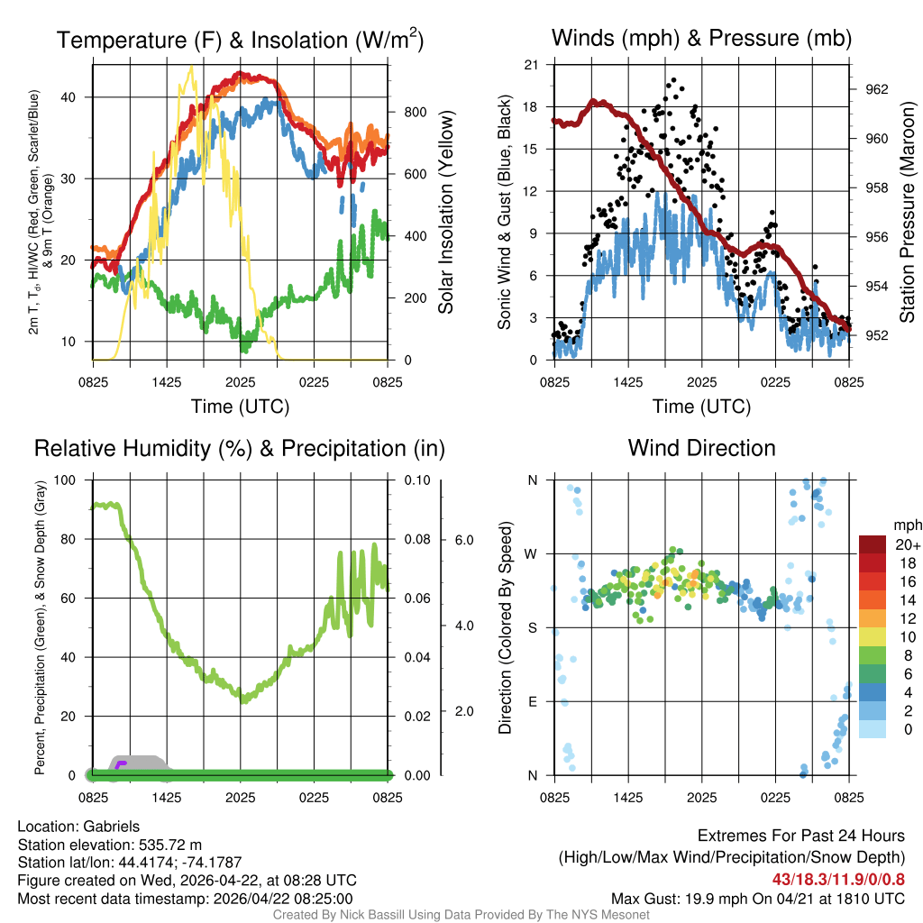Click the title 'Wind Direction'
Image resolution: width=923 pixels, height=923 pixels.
(x=701, y=448)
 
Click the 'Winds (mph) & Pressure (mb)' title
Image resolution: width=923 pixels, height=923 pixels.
(x=701, y=38)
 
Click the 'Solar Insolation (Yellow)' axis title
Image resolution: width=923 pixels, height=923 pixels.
(x=445, y=212)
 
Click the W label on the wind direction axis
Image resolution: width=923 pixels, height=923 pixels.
(x=532, y=553)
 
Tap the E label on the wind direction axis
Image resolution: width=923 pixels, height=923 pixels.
(x=532, y=701)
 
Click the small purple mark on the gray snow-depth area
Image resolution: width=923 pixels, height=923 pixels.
(x=121, y=764)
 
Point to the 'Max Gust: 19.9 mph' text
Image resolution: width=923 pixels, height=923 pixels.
(x=680, y=899)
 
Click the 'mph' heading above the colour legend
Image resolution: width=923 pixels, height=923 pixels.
(x=905, y=525)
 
